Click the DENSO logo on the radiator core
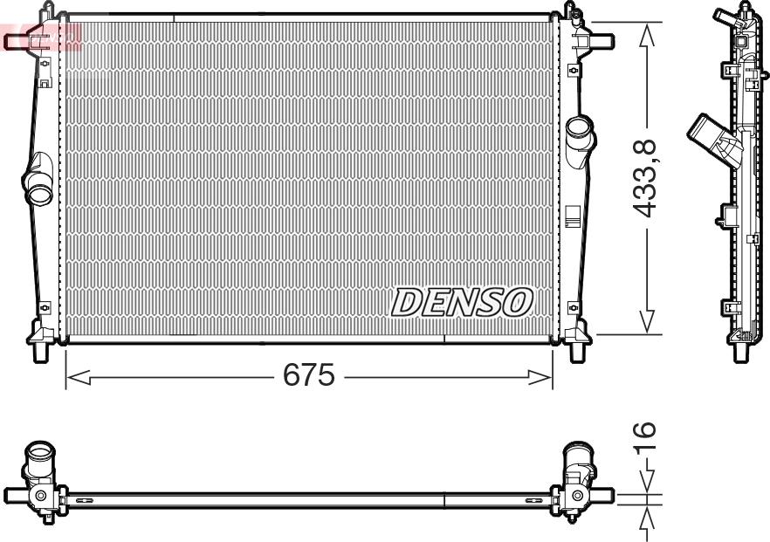(462, 301)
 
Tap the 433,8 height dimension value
(646, 177)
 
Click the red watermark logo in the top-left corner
(39, 37)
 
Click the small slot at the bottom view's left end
(86, 501)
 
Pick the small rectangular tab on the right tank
(573, 215)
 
